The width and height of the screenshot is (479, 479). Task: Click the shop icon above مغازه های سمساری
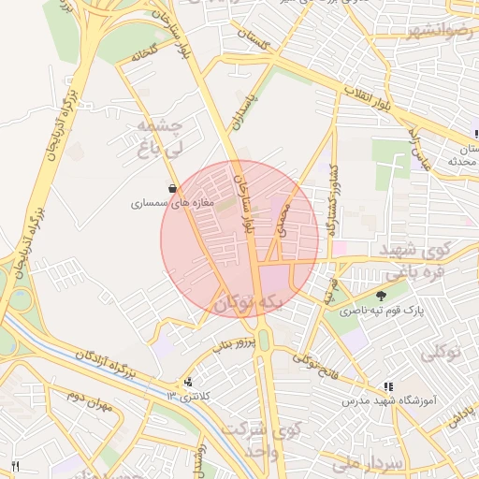(169, 187)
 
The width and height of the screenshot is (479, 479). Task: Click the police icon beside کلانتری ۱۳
(190, 382)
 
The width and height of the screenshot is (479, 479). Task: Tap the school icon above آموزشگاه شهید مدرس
(388, 386)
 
